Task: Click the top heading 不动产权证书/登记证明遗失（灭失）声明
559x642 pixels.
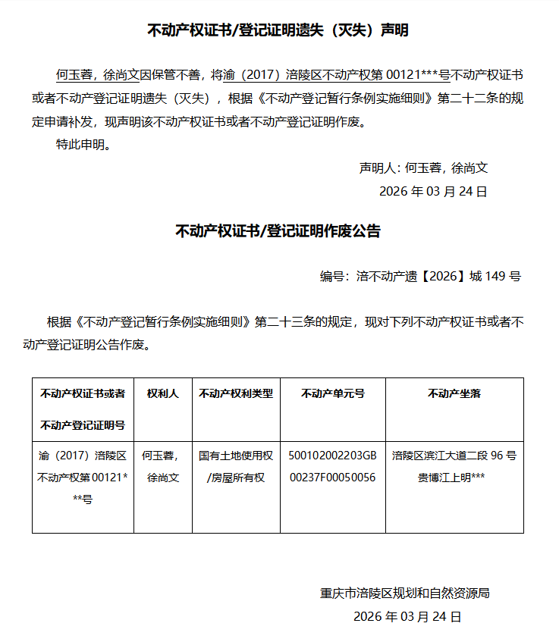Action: coord(278,31)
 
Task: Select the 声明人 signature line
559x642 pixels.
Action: coord(423,168)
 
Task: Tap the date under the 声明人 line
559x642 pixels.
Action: coord(432,192)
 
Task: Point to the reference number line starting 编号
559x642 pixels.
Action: coord(419,277)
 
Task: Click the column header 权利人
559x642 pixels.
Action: coord(162,393)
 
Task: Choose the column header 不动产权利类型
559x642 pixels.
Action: coord(236,393)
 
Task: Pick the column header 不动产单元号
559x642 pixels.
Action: coord(332,393)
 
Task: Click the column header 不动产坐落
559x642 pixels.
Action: coord(454,393)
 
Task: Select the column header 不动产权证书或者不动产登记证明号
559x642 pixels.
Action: coord(83,409)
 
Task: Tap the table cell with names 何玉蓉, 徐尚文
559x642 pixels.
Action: coord(162,467)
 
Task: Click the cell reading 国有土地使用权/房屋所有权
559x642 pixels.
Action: coord(236,467)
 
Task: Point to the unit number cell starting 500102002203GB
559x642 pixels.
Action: coord(332,467)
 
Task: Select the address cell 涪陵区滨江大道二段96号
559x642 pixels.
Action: coord(454,467)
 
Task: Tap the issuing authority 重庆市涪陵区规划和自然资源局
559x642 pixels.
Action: coord(405,593)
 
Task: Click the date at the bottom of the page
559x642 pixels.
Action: coord(407,616)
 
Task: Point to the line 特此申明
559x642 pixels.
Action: coord(83,145)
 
